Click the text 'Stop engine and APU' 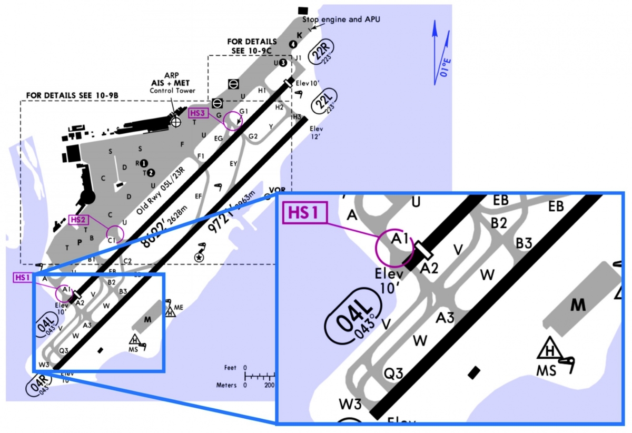click(341, 19)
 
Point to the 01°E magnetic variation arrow click(441, 53)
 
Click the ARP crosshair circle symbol click(176, 120)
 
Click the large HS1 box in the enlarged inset click(305, 213)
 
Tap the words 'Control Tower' click(173, 91)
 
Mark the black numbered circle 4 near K click(293, 43)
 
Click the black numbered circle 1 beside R click(144, 163)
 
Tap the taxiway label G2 click(253, 136)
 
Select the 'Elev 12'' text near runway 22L click(316, 133)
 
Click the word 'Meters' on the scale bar click(226, 385)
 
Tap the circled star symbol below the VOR click(199, 257)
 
